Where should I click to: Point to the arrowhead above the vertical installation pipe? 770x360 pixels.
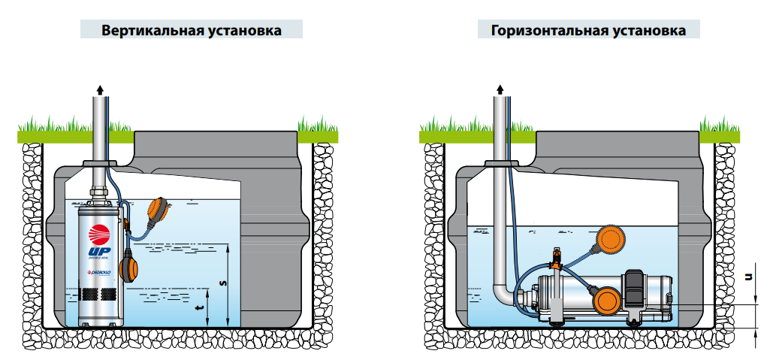pyautogui.click(x=99, y=89)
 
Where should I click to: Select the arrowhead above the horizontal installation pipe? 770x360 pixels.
pyautogui.click(x=499, y=89)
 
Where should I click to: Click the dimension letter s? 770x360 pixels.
pyautogui.click(x=222, y=283)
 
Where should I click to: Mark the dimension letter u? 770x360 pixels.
pyautogui.click(x=747, y=276)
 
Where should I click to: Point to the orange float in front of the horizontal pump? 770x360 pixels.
pyautogui.click(x=605, y=300)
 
